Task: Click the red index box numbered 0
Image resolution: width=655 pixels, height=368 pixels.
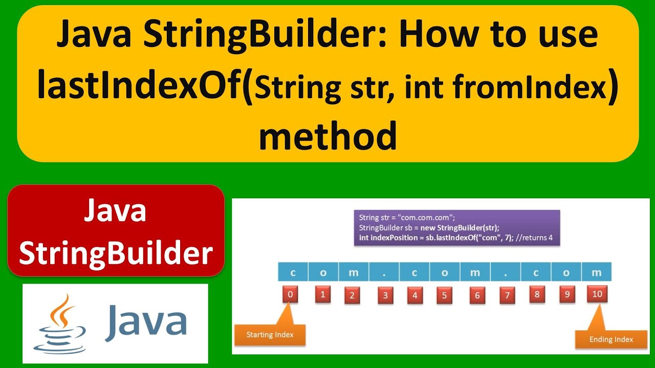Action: coord(290,294)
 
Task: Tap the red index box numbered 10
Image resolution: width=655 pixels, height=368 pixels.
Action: coord(597,294)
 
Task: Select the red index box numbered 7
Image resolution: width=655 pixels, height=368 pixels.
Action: coord(507,295)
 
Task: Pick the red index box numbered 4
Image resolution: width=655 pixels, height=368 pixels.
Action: coord(415,295)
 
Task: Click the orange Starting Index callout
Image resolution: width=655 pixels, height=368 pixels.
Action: coord(270,335)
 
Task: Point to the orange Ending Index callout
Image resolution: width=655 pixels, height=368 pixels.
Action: coord(611,339)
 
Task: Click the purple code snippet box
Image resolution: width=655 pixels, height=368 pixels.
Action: coord(456,227)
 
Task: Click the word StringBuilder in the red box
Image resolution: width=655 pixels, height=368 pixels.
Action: coord(116,253)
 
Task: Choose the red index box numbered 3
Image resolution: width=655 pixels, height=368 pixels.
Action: coord(385,295)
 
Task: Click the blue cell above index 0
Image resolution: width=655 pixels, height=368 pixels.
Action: coord(293,272)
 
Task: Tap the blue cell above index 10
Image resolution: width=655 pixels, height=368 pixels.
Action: coord(597,272)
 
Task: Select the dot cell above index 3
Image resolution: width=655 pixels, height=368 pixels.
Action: coord(384,272)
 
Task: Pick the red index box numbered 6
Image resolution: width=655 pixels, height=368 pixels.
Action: coord(477,295)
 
